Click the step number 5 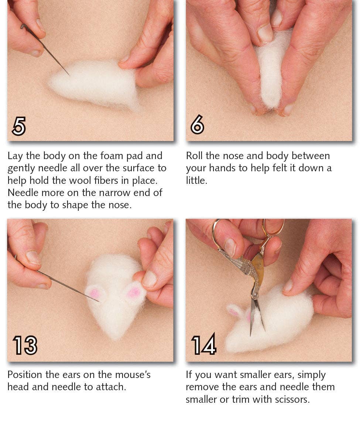pyautogui.click(x=19, y=126)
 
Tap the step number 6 pyautogui.click(x=197, y=126)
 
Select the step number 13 pyautogui.click(x=25, y=346)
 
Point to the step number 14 pyautogui.click(x=203, y=346)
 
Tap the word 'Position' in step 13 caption pyautogui.click(x=25, y=375)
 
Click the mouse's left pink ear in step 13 pyautogui.click(x=95, y=293)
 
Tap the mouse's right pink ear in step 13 pyautogui.click(x=134, y=293)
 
